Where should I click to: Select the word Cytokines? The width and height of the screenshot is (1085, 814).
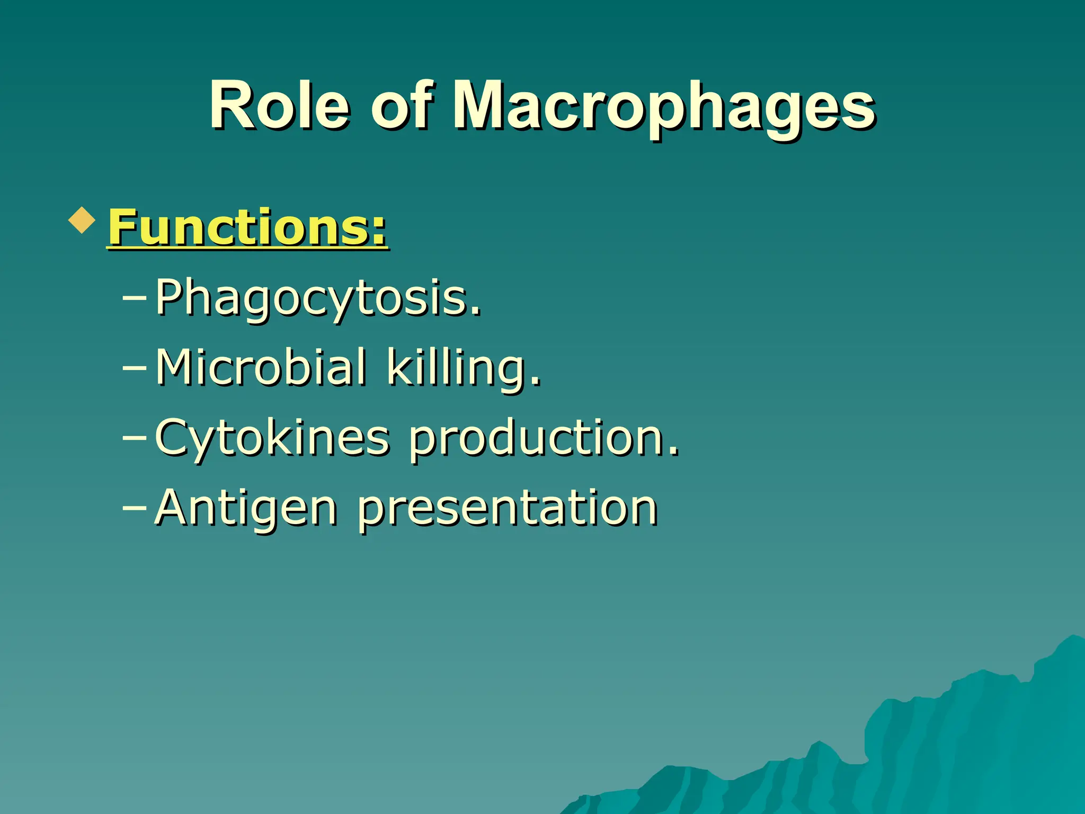tap(272, 438)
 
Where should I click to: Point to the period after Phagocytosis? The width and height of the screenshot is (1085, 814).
tap(477, 312)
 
